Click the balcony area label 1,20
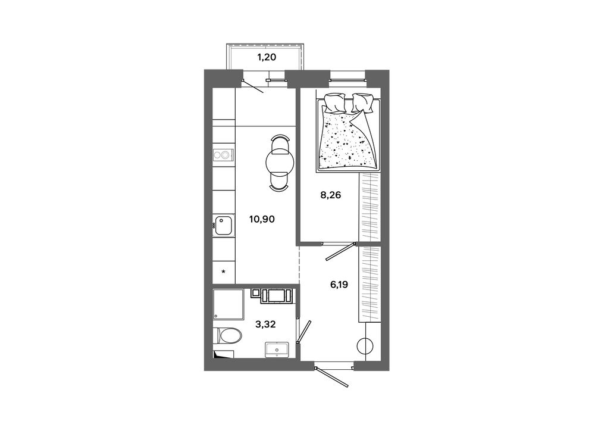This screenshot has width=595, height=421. (x=267, y=57)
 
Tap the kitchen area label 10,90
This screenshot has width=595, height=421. (x=262, y=219)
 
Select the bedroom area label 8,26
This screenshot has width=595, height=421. (x=330, y=195)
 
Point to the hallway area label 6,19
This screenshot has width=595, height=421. (x=339, y=284)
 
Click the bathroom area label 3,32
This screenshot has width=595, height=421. (x=265, y=324)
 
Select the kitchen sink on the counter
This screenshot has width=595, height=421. (x=223, y=226)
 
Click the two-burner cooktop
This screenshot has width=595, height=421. (x=223, y=155)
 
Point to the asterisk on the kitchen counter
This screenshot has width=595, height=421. (x=224, y=272)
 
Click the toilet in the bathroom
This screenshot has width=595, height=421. (x=228, y=336)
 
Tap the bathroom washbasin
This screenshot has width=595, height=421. (x=277, y=350)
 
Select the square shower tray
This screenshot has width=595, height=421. (x=228, y=304)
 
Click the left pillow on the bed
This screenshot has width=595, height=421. (x=334, y=103)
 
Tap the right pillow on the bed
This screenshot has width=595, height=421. (x=362, y=102)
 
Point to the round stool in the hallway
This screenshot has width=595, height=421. (x=365, y=346)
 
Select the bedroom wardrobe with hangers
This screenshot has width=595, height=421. (x=369, y=207)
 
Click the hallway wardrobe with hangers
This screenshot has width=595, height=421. (x=369, y=284)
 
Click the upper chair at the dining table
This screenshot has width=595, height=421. (x=280, y=142)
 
